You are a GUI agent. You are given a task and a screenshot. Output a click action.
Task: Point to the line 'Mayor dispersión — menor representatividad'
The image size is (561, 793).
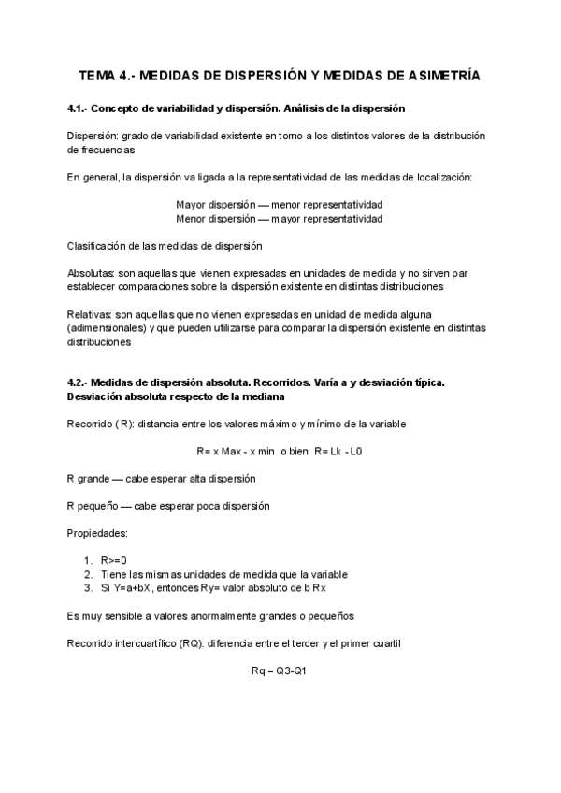coord(280,204)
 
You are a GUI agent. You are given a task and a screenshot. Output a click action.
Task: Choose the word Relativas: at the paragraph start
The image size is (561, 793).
coord(92,315)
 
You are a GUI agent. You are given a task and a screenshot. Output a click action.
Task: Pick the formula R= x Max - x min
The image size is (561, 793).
coord(235,451)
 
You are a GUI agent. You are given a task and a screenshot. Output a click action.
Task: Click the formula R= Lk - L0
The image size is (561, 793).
coord(338,451)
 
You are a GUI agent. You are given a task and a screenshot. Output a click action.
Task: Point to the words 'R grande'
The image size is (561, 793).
coord(88,478)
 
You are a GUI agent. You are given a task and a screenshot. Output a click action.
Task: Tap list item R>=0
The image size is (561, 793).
coord(113,560)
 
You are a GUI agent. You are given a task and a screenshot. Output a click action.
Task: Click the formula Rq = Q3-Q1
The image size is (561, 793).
coord(280,670)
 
